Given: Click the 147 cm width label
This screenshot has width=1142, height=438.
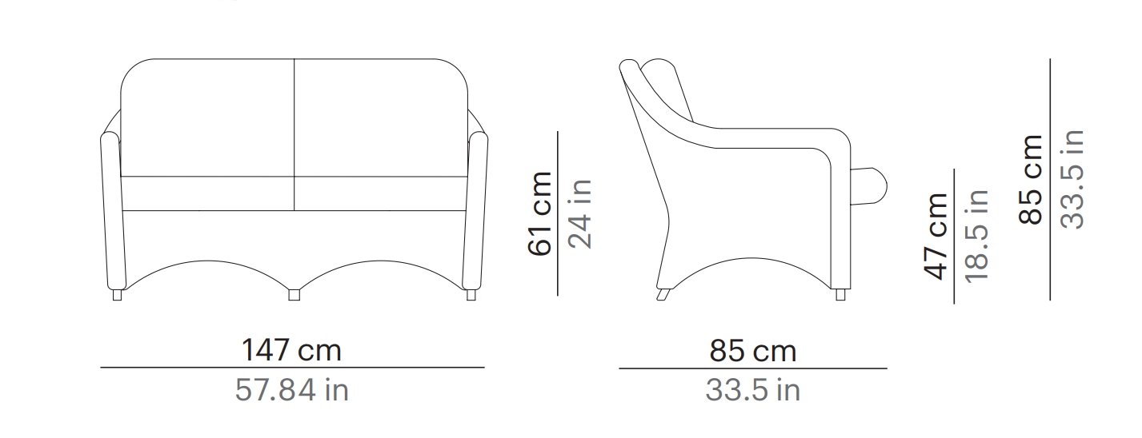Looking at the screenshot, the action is (x=291, y=350).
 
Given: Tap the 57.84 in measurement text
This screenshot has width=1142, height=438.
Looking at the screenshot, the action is (x=291, y=390).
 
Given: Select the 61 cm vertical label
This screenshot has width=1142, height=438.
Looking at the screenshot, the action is (x=540, y=213).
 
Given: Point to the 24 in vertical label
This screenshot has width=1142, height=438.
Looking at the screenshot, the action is (x=580, y=214).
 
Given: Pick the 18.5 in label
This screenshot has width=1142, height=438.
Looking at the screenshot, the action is (x=976, y=235).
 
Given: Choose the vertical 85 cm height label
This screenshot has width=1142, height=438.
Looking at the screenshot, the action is (x=1030, y=179).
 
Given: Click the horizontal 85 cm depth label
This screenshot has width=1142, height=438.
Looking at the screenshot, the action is (x=752, y=352).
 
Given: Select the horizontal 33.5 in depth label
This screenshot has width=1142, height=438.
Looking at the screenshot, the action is (x=752, y=391).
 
